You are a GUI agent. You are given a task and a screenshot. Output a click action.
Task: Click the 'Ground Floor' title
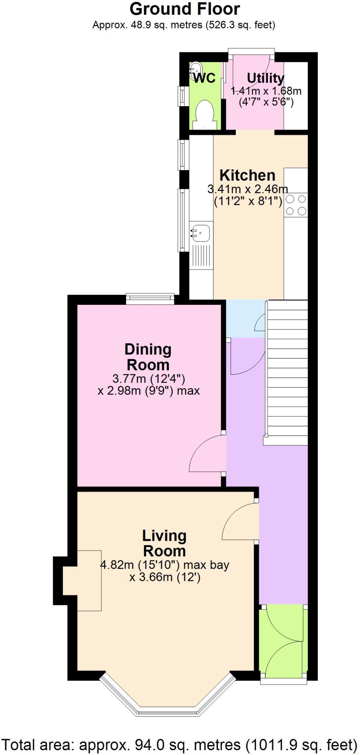(x=185, y=9)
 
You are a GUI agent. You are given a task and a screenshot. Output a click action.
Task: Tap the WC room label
(x=205, y=78)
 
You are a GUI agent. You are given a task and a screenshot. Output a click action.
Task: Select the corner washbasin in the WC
(x=195, y=69)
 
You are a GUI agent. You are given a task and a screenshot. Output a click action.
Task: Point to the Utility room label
(x=265, y=78)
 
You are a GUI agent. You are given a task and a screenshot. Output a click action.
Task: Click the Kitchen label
(x=247, y=175)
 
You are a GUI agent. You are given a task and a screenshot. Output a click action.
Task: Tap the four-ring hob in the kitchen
(x=296, y=205)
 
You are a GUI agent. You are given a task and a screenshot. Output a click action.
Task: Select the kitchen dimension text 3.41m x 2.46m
(x=248, y=189)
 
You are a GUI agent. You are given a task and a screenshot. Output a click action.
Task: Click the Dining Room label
(x=148, y=357)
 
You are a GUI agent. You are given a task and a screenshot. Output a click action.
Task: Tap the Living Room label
(x=164, y=543)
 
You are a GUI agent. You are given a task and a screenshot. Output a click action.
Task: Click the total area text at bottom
(x=180, y=745)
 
